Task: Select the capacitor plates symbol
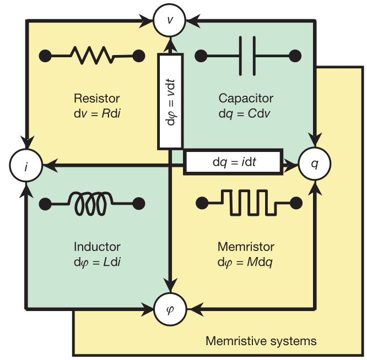247,55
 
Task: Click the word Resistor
96,99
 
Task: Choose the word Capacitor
246,99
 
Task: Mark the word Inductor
97,247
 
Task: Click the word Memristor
246,247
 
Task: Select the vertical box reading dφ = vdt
170,101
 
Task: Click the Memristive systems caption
261,341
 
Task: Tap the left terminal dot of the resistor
46,55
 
